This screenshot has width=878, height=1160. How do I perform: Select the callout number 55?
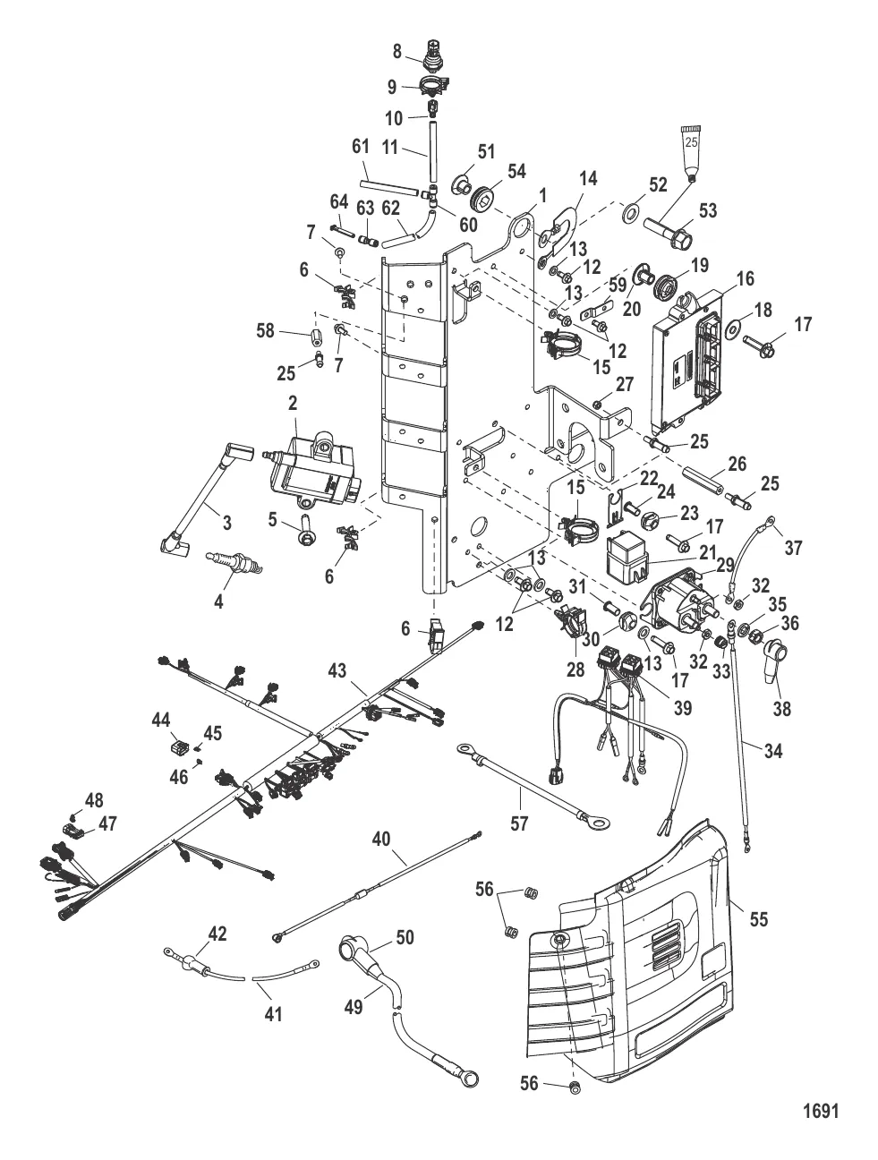[x=761, y=918]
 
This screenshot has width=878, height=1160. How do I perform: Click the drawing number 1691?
[x=820, y=1111]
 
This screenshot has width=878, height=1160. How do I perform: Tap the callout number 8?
[x=396, y=52]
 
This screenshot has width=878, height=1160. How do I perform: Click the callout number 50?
[x=405, y=936]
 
